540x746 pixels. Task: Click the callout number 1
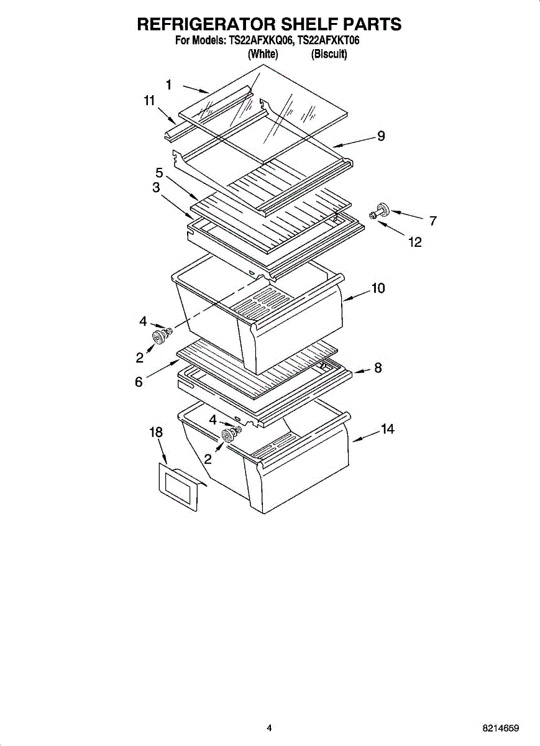point(168,85)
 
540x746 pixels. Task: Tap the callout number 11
point(149,101)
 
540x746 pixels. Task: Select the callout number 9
point(381,136)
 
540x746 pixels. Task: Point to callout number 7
point(432,221)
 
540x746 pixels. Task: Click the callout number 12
point(414,242)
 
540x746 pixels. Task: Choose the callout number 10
point(378,288)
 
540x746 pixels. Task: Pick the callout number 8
point(378,368)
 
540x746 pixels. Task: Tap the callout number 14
point(387,430)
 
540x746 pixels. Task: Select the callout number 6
point(139,382)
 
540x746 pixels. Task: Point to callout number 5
point(160,173)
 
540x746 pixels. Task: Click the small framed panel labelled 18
point(178,487)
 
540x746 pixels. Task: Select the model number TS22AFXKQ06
point(262,42)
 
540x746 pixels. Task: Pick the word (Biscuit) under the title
point(329,54)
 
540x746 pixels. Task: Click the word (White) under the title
point(263,54)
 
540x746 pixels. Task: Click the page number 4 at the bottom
point(269,728)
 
